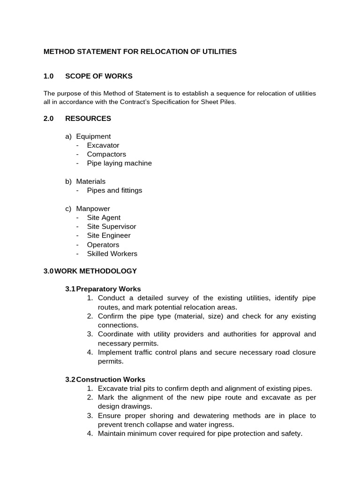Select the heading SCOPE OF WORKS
coord(98,76)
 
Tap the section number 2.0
coord(49,119)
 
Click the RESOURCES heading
coord(88,119)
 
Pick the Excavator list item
coord(103,145)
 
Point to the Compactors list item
coord(106,154)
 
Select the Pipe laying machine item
coord(119,163)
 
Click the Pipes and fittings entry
coord(114,190)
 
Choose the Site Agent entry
coord(104,217)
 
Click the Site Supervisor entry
coord(112,226)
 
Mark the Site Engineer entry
coord(109,235)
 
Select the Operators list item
coord(103,245)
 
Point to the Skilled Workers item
coord(112,254)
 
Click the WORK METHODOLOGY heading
coord(96,271)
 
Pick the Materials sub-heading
coord(91,181)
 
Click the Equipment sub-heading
coord(93,136)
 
